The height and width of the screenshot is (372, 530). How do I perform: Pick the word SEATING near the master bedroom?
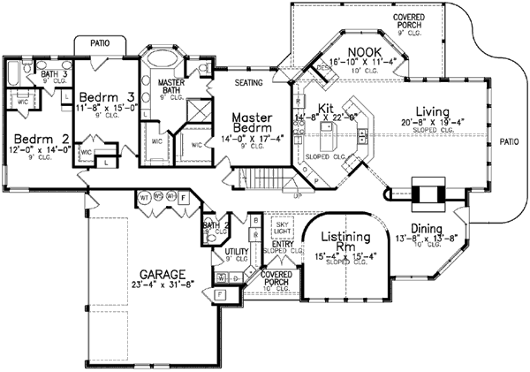point(252,83)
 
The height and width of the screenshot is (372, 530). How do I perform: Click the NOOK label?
point(364,52)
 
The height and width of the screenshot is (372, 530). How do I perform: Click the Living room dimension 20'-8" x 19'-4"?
point(422,123)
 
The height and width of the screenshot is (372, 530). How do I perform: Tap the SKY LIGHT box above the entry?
point(280,229)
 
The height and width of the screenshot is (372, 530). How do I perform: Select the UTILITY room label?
point(236,253)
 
